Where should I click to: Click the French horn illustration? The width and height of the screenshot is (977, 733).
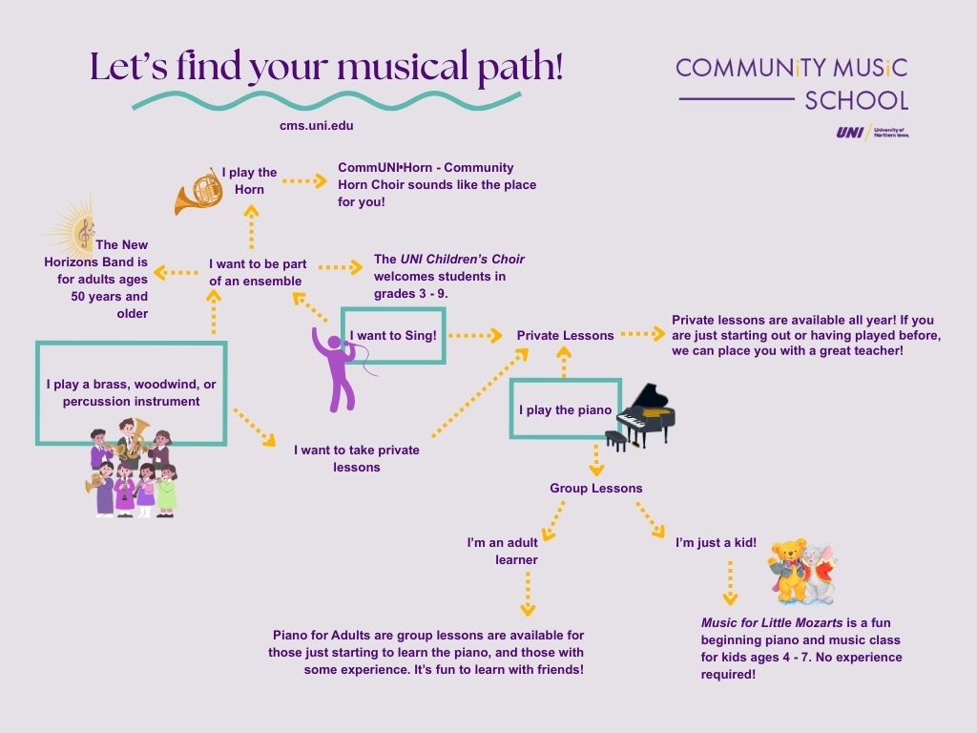tap(198, 191)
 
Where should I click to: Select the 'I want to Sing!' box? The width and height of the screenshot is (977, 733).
tap(393, 335)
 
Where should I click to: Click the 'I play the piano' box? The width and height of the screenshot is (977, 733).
tap(565, 409)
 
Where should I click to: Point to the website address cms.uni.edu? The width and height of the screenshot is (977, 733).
tap(310, 125)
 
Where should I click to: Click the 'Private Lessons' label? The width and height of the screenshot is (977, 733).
tap(565, 335)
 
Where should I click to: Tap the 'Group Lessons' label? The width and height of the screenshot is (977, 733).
tap(595, 488)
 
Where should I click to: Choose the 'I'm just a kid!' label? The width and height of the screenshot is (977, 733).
tap(716, 542)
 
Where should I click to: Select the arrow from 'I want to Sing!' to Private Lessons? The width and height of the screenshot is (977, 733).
tap(475, 335)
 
